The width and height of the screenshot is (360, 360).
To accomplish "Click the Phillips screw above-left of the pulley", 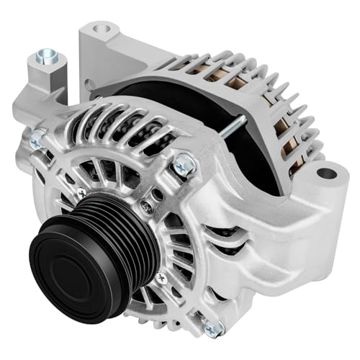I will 81,193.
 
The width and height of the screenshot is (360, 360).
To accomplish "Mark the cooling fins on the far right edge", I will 306,122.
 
